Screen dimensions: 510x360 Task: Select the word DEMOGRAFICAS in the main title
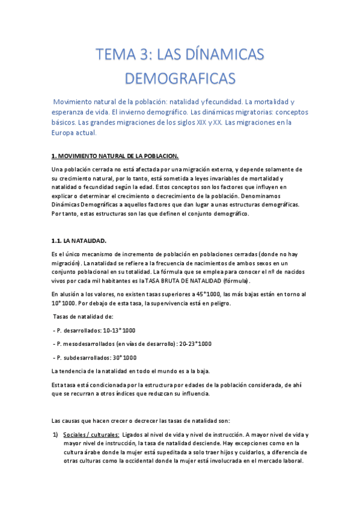coord(180,78)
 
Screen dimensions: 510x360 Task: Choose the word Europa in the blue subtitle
coord(64,132)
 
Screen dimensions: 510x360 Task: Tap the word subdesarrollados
coord(84,357)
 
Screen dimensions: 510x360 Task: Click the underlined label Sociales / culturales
coord(91,434)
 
